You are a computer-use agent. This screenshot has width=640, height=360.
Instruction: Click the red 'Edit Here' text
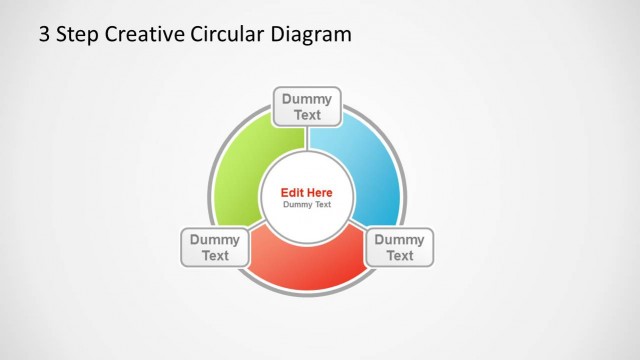(306, 193)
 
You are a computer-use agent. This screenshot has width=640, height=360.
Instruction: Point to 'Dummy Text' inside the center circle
(306, 205)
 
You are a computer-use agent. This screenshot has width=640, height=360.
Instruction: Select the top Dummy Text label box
(307, 107)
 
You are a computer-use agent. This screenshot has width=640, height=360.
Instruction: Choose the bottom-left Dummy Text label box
(215, 247)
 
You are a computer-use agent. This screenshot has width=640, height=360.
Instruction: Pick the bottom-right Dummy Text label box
(399, 247)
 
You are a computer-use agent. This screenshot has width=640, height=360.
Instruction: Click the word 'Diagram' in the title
(311, 35)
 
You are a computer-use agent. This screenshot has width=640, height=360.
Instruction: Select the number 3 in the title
(44, 35)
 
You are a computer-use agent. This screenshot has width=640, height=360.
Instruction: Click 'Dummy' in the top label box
(307, 99)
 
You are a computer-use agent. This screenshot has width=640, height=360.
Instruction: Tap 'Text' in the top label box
(307, 115)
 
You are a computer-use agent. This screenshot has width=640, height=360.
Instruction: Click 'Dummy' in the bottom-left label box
(215, 239)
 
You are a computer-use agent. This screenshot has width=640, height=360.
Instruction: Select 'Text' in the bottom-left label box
(215, 255)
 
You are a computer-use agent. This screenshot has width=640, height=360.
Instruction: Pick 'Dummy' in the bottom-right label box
(399, 239)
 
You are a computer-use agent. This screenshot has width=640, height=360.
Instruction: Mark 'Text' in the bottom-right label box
(399, 255)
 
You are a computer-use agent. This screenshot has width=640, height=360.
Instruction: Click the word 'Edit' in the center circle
(292, 193)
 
